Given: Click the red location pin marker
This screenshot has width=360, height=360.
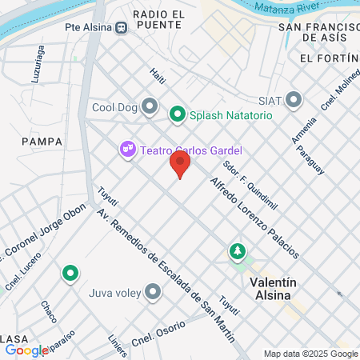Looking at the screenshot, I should click(180, 164).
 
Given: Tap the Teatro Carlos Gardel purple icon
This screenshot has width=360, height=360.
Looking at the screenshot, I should click(126, 150).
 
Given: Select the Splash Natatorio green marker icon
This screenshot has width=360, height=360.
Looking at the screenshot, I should click(178, 115).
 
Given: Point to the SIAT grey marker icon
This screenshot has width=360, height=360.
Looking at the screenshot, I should click(294, 100).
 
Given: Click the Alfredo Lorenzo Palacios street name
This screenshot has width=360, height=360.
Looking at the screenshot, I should click(255, 217).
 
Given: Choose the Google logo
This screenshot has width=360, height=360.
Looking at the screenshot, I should click(26, 350).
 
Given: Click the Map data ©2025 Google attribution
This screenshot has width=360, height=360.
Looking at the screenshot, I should click(311, 354).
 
